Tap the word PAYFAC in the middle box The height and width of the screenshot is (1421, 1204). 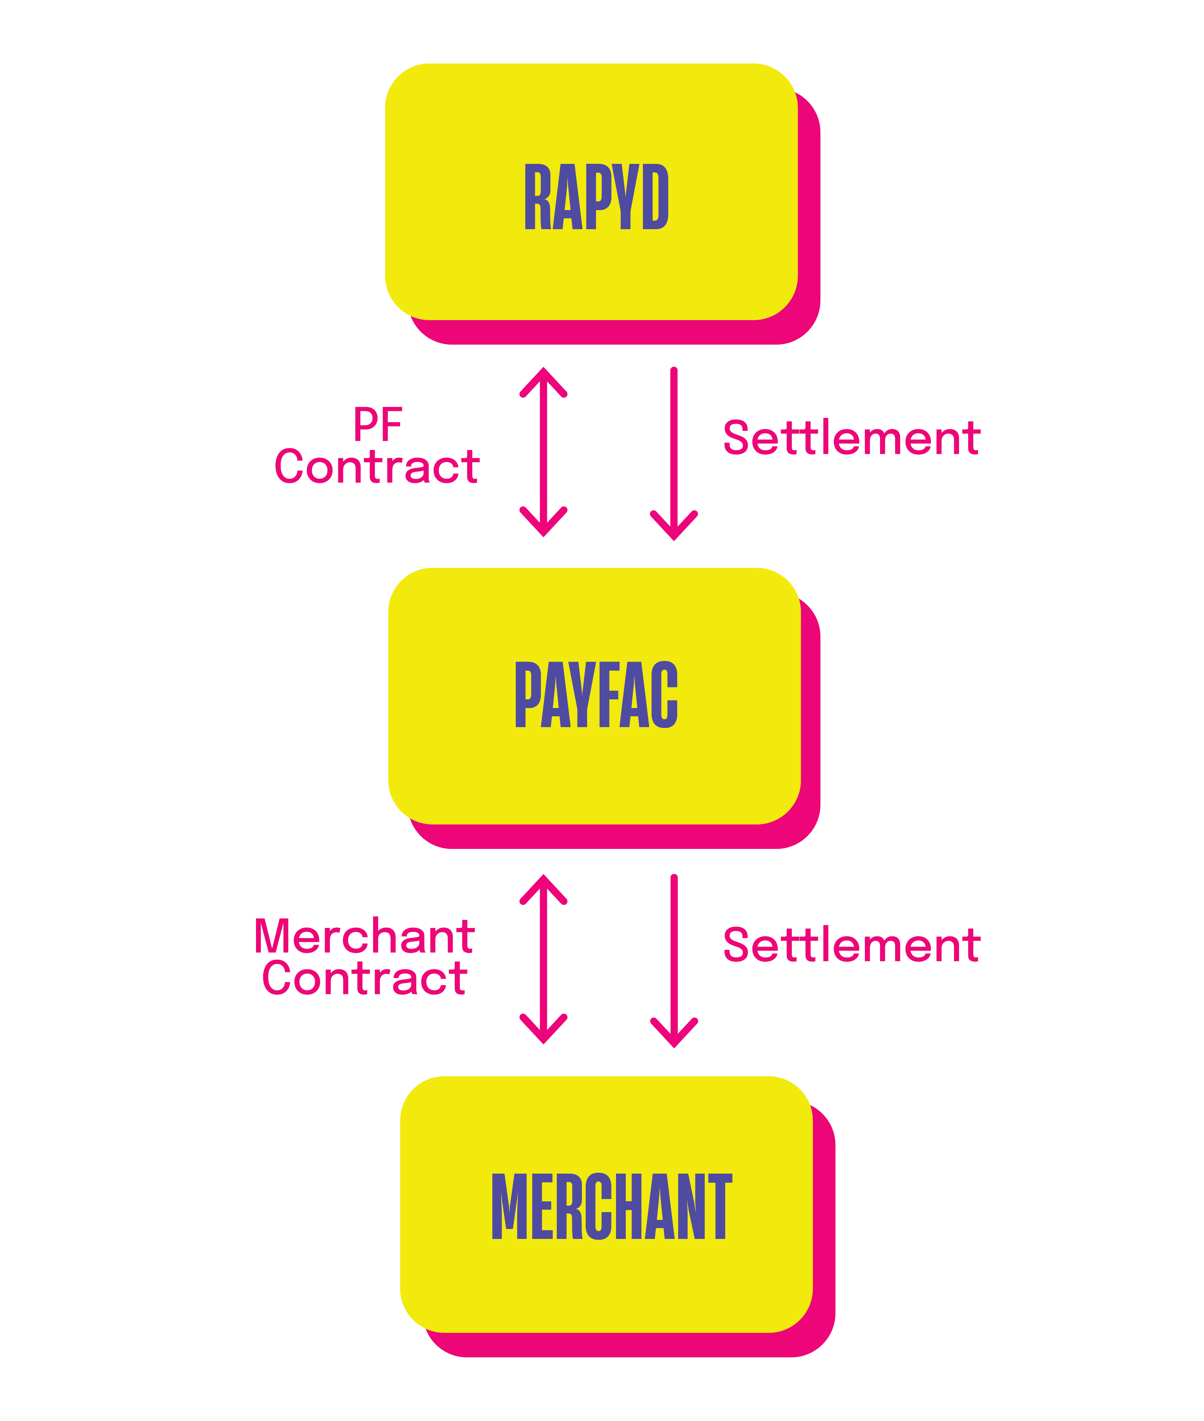pyautogui.click(x=596, y=695)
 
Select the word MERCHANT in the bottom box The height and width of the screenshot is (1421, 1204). pyautogui.click(x=612, y=1207)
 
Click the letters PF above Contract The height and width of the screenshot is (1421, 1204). pyautogui.click(x=377, y=425)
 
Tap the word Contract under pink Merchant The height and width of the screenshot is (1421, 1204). pyautogui.click(x=364, y=978)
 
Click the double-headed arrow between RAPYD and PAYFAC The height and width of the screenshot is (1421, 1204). pyautogui.click(x=543, y=452)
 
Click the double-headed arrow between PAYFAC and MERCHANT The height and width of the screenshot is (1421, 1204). pyautogui.click(x=543, y=959)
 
